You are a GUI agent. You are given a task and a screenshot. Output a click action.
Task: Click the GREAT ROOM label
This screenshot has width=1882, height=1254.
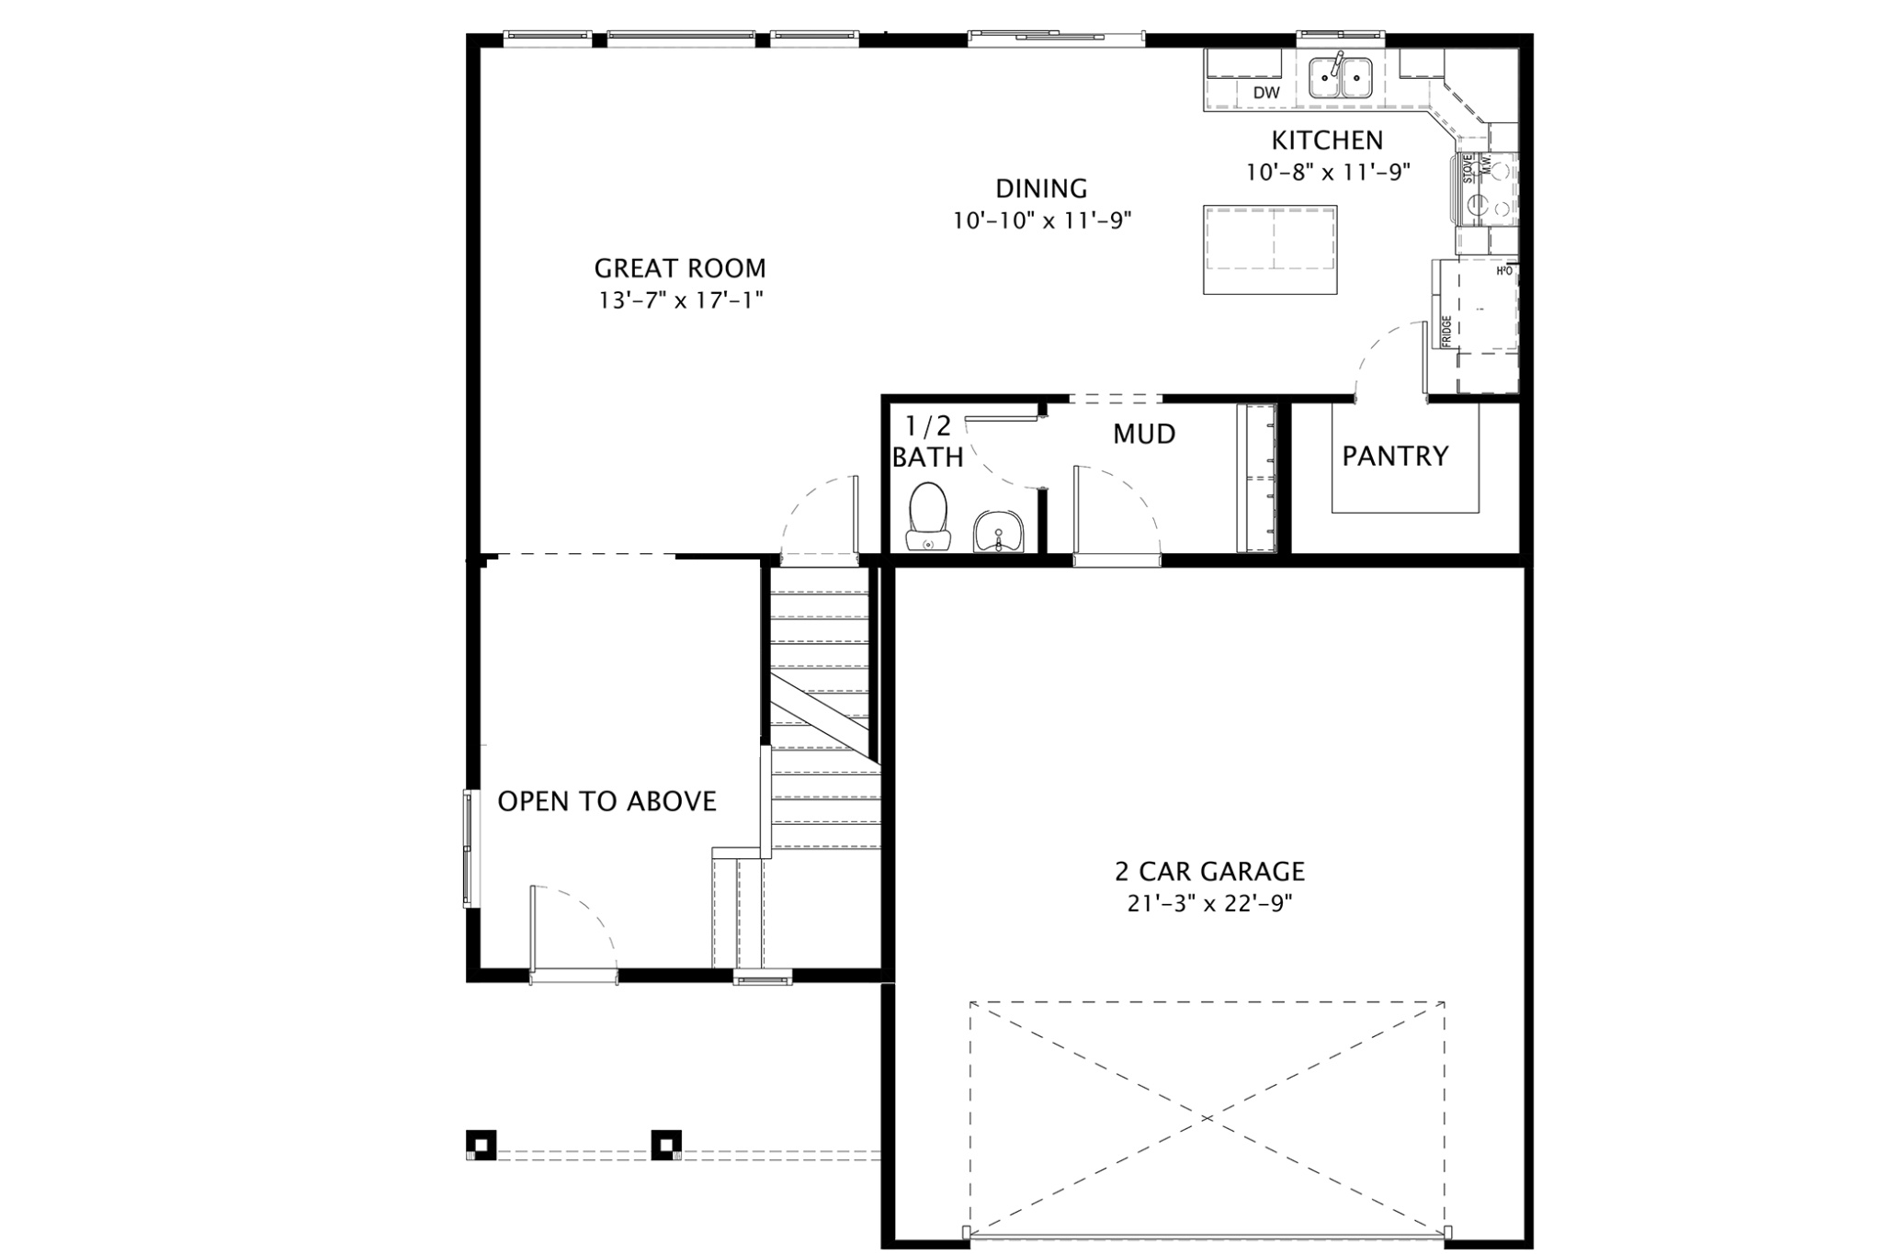click(679, 268)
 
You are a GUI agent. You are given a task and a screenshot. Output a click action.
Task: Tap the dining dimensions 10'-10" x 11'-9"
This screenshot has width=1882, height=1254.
click(1041, 220)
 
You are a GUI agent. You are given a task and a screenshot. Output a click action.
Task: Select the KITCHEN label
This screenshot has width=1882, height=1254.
click(1327, 141)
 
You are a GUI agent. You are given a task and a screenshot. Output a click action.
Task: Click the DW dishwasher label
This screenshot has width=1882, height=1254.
click(1266, 93)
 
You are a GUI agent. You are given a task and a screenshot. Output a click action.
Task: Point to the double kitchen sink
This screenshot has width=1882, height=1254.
click(1341, 77)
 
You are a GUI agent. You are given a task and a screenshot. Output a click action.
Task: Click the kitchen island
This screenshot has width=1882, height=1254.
click(1270, 250)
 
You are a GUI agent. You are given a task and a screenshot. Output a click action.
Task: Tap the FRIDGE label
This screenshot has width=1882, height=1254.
click(1446, 331)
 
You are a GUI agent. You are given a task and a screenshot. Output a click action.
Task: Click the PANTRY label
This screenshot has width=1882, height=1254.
click(1395, 456)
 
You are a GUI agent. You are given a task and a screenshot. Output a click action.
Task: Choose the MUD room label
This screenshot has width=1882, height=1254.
click(1144, 434)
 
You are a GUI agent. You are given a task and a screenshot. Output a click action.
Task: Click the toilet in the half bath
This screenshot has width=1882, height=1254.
click(927, 518)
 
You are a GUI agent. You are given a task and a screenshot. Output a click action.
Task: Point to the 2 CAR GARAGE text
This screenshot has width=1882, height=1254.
click(1209, 870)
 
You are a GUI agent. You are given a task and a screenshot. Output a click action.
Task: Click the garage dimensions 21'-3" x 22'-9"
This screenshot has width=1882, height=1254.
click(1209, 903)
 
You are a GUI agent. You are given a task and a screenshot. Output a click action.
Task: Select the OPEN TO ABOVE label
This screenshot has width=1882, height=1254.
click(607, 801)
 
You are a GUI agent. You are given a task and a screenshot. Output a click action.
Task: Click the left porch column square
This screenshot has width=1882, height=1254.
click(482, 1144)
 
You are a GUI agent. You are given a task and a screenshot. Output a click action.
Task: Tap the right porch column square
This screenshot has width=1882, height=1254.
click(666, 1144)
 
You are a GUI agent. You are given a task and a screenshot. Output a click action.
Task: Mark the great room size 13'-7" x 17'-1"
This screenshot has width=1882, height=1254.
click(679, 300)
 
